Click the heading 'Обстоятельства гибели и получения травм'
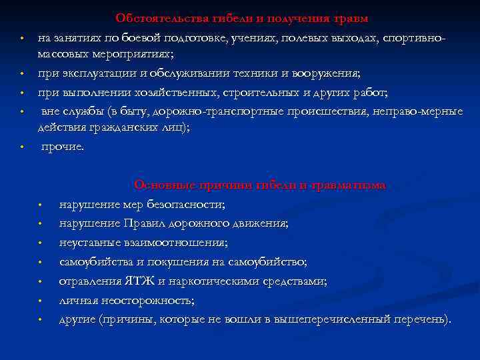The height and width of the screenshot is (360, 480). tap(241, 18)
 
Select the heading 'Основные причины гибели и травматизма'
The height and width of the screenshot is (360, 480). tap(259, 185)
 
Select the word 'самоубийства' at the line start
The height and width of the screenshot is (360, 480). tap(95, 262)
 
